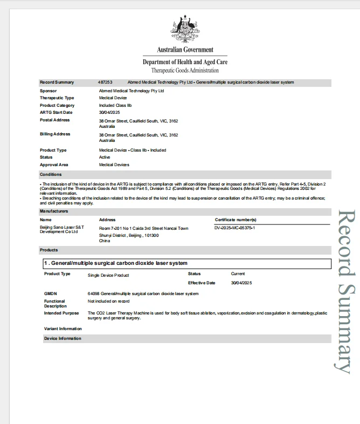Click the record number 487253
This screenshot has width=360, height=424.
(106, 82)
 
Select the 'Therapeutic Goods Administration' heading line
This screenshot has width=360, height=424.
(185, 71)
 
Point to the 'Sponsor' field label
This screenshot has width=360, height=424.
(49, 91)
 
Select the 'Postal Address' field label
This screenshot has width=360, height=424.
(55, 120)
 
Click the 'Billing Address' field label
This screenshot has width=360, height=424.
(55, 134)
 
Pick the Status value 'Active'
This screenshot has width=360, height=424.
(105, 157)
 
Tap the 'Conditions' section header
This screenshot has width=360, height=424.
(51, 174)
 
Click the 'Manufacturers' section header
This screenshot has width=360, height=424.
(54, 211)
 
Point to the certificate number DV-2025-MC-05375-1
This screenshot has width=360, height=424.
(234, 228)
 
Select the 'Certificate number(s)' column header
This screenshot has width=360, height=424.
(236, 220)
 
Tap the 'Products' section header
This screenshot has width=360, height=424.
(49, 250)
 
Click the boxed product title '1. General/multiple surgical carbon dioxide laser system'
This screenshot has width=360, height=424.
(116, 263)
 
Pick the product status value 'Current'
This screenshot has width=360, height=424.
(238, 273)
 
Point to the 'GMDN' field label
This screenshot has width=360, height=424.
(50, 293)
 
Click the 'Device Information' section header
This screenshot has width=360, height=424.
(63, 338)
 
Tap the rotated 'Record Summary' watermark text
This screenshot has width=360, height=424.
(344, 291)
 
